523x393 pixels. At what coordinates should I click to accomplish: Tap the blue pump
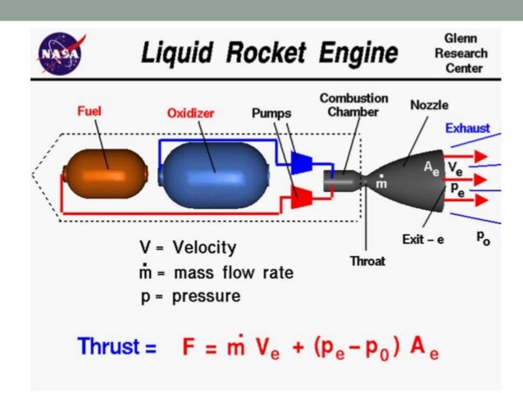pyautogui.click(x=302, y=162)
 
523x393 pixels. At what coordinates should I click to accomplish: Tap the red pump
pyautogui.click(x=302, y=196)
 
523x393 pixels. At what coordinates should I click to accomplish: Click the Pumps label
pyautogui.click(x=271, y=114)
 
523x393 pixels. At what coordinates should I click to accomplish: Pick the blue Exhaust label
pyautogui.click(x=469, y=128)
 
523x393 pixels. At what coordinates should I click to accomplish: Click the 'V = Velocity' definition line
pyautogui.click(x=187, y=247)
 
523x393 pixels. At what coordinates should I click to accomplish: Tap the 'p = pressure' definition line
pyautogui.click(x=189, y=296)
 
